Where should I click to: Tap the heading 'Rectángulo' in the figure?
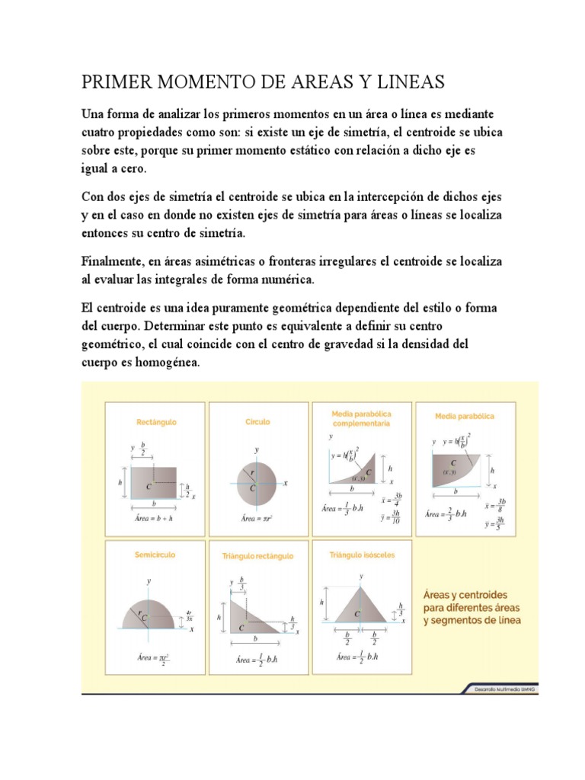(157, 421)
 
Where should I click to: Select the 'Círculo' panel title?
(257, 421)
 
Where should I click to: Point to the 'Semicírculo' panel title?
(155, 555)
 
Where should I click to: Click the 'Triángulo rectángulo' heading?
(257, 556)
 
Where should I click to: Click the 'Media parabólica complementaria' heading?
(361, 417)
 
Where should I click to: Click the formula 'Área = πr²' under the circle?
(257, 518)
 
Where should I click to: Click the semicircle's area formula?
(155, 657)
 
